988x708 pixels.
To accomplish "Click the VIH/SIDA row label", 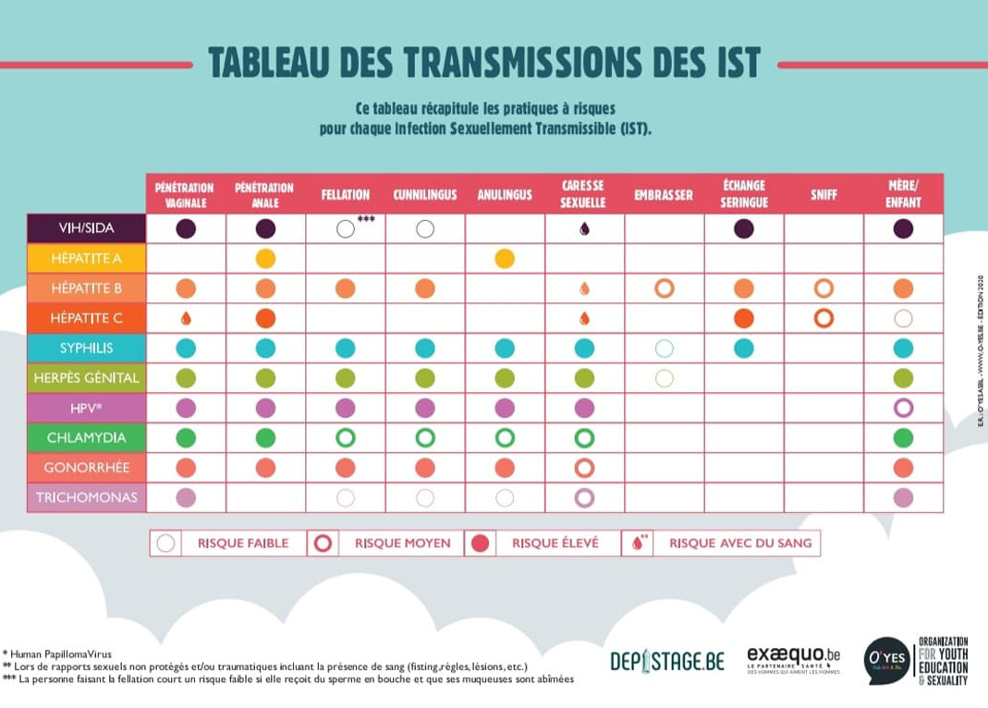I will [86, 228].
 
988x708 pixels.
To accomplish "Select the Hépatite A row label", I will [86, 258].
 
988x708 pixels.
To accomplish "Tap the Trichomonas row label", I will [86, 497].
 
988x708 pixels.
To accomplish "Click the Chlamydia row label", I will [86, 437].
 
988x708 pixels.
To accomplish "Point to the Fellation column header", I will [346, 195].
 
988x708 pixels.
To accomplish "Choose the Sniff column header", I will [823, 195].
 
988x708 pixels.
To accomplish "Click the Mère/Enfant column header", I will [903, 195].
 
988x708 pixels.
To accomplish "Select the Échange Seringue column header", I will [744, 195].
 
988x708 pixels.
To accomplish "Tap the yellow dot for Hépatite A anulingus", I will [505, 259].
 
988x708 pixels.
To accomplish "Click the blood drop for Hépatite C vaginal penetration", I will [186, 318].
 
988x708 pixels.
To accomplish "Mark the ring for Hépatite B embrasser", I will [664, 288].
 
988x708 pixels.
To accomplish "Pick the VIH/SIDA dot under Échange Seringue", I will [744, 228].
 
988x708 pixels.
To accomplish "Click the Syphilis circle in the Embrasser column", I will [664, 348].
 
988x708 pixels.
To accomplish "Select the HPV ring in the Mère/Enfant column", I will [903, 408].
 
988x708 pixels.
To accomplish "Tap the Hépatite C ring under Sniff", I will [823, 318].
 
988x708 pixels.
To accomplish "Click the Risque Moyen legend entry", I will [388, 543].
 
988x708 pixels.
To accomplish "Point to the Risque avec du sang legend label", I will [740, 543].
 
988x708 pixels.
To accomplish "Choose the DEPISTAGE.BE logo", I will [666, 661].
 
